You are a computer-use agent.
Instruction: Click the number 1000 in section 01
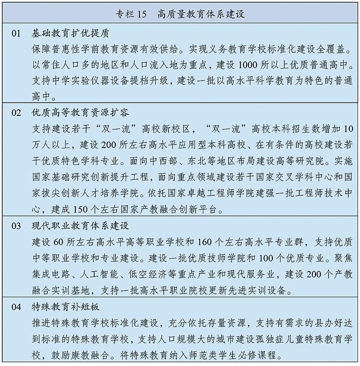point(249,65)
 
